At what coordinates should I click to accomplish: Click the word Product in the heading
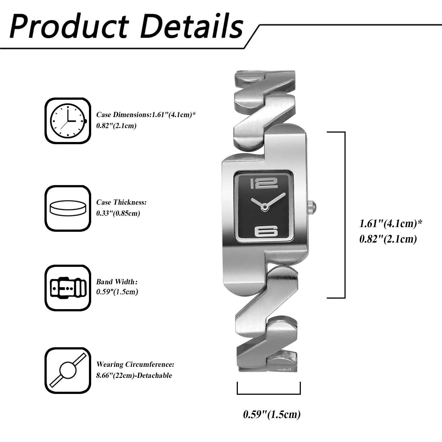[x=69, y=26]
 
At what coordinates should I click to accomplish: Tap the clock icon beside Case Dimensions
[x=68, y=121]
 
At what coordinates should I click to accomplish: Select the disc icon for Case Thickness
[x=68, y=208]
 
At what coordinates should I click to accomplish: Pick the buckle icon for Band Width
[x=68, y=288]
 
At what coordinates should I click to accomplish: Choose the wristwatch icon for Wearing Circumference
[x=68, y=370]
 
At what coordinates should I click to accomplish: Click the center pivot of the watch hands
[x=265, y=206]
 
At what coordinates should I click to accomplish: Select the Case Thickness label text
[x=121, y=202]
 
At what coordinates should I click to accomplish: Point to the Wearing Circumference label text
[x=135, y=365]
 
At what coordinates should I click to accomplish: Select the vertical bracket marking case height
[x=344, y=215]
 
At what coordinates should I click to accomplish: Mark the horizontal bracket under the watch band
[x=269, y=394]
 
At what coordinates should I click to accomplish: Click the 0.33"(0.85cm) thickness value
[x=118, y=213]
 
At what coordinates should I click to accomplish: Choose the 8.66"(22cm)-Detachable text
[x=134, y=376]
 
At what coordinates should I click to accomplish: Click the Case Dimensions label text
[x=123, y=115]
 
